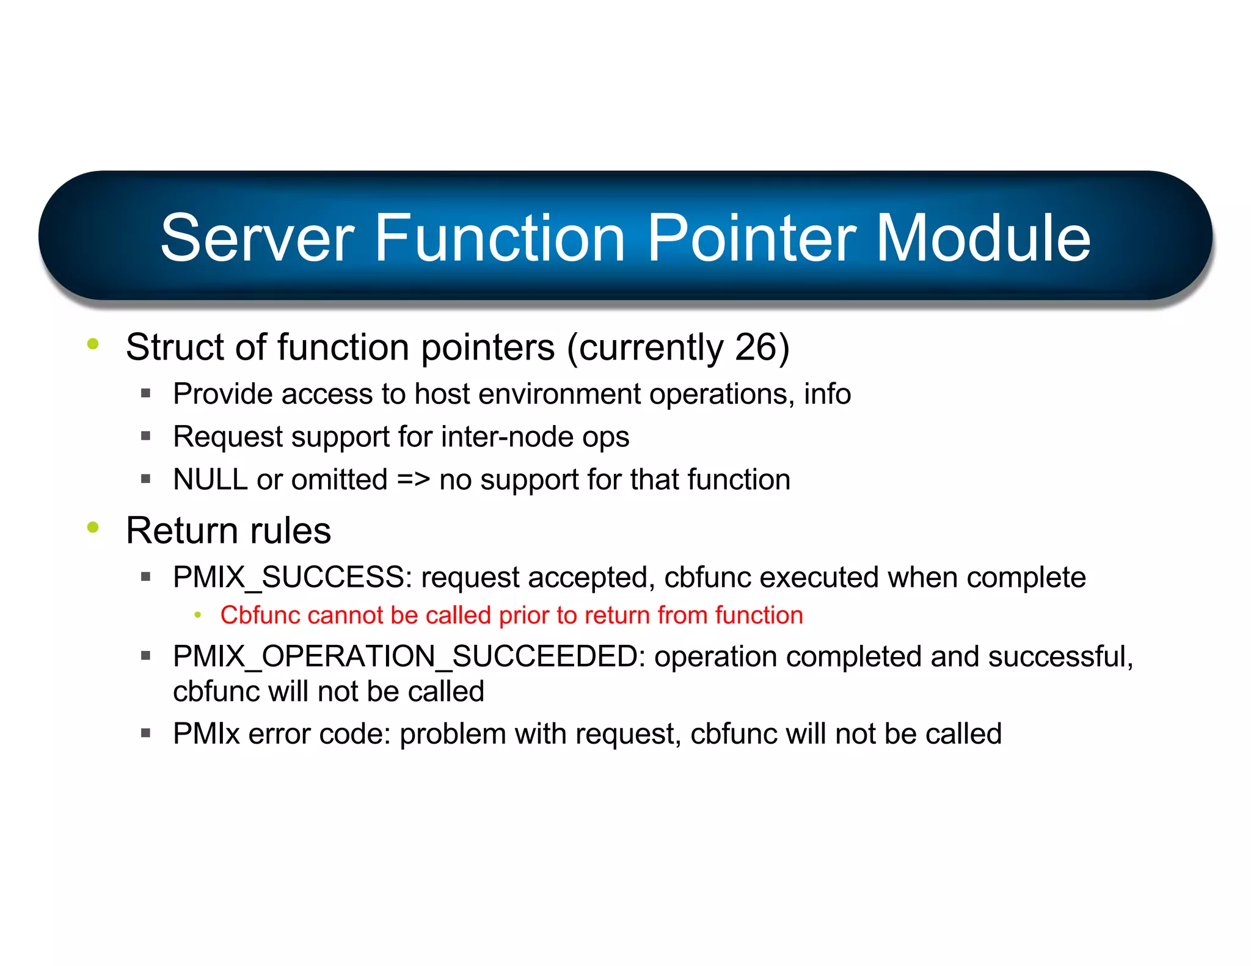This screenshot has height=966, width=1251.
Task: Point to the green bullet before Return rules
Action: (93, 527)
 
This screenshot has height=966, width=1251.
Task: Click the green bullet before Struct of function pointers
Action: (93, 344)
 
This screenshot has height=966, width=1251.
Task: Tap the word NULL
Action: (210, 479)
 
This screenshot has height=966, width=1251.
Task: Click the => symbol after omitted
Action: (414, 479)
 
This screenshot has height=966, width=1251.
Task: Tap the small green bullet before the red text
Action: (197, 616)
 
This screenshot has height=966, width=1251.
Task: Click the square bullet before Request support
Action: (145, 436)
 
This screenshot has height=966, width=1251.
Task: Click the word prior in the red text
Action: (523, 616)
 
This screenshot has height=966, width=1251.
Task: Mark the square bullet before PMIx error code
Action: (145, 733)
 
